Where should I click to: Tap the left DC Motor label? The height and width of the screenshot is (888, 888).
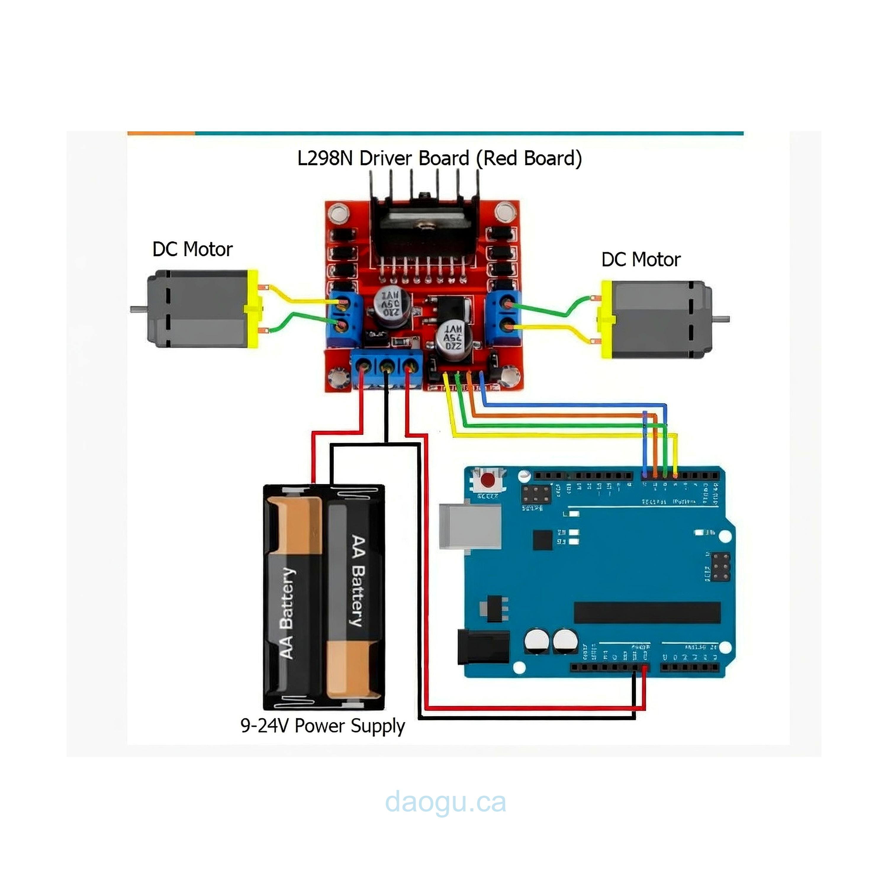pyautogui.click(x=192, y=249)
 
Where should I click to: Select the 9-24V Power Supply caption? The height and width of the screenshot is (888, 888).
pyautogui.click(x=322, y=726)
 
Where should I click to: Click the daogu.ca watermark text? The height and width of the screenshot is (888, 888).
pyautogui.click(x=445, y=802)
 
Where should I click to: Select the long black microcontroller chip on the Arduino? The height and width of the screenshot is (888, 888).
pyautogui.click(x=647, y=612)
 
